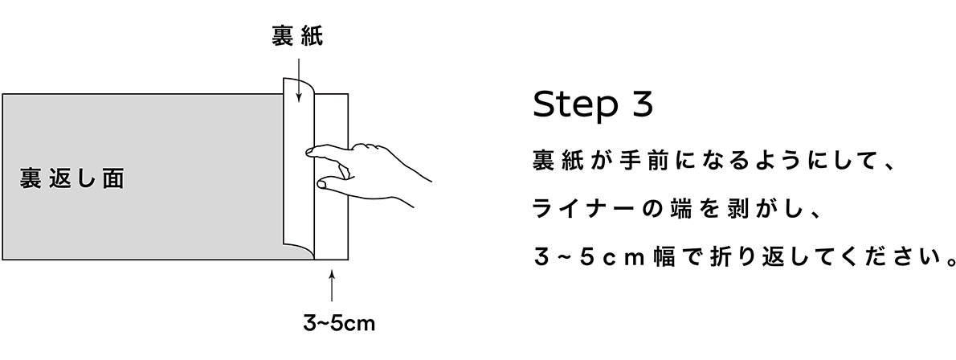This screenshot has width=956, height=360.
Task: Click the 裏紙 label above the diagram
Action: coord(297,38)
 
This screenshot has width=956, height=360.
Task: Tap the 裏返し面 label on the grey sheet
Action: coord(72,178)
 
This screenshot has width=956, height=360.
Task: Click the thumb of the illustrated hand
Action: coord(322,185)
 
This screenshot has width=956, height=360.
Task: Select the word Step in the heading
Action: coord(571,105)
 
